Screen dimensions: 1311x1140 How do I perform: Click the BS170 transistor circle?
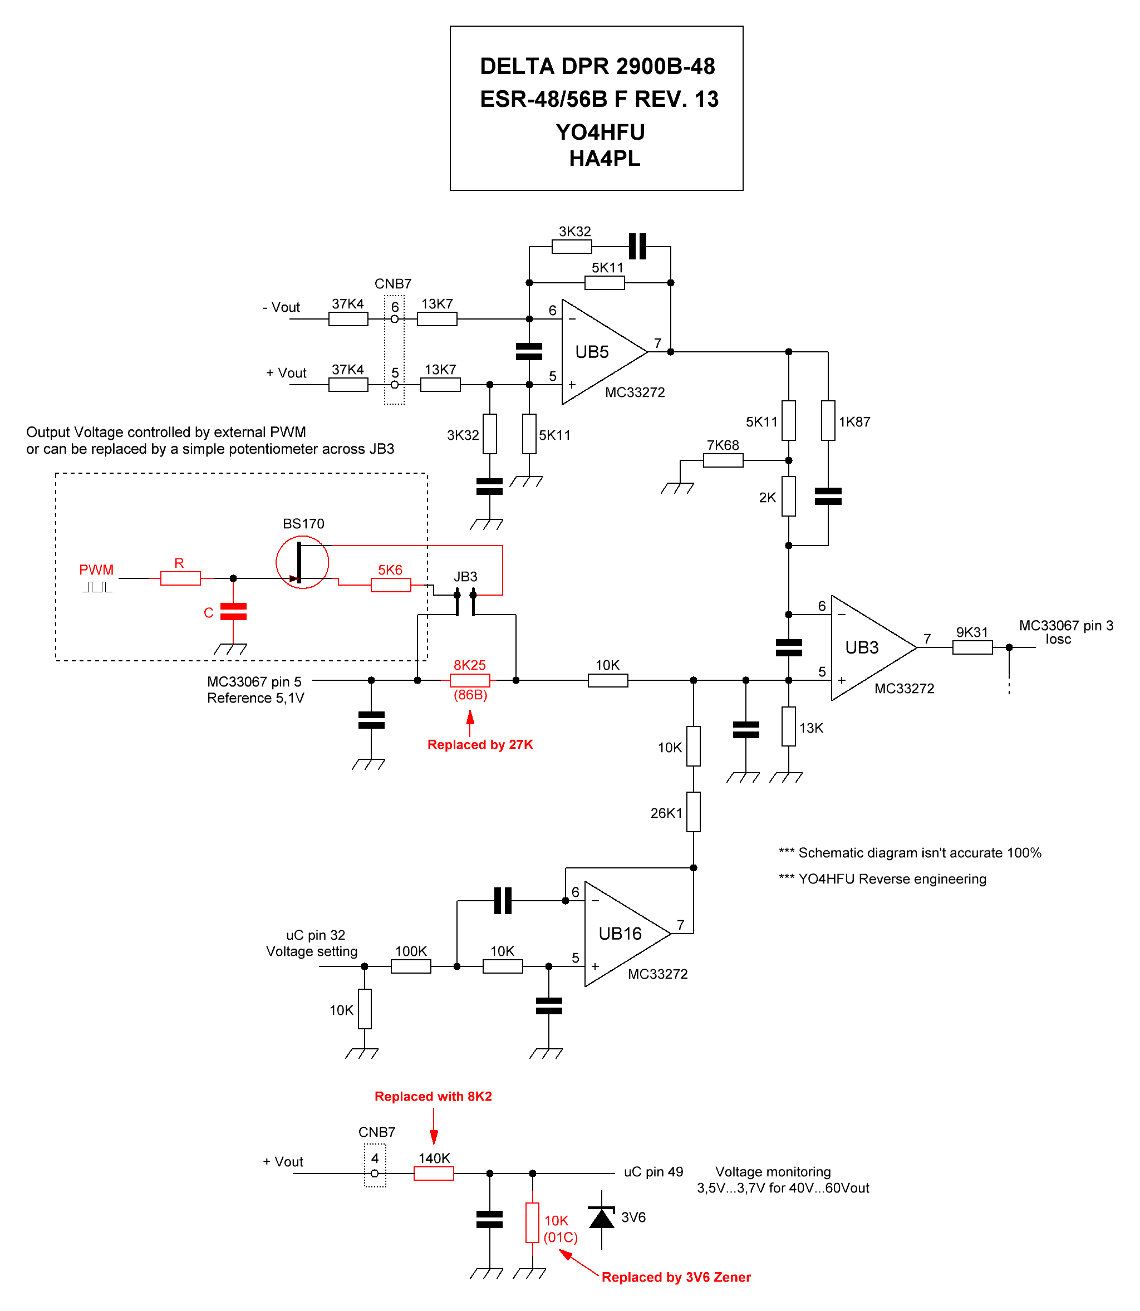pos(302,562)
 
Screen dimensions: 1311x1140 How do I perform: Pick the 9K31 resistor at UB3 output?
pos(972,647)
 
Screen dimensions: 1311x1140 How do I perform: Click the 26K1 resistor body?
pos(694,812)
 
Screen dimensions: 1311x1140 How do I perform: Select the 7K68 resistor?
pos(723,460)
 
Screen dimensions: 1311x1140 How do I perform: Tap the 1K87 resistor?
pos(828,420)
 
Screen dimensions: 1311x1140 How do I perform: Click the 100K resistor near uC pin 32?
pos(411,966)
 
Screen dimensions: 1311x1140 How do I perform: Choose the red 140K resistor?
pos(434,1173)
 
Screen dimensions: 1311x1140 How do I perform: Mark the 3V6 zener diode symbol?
pos(601,1217)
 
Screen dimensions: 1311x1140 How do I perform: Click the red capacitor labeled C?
pos(233,612)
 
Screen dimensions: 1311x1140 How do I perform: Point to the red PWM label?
pos(96,570)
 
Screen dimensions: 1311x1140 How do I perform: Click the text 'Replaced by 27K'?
pos(480,745)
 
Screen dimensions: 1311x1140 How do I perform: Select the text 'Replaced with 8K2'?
pos(433,1097)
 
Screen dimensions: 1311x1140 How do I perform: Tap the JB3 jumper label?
pos(465,577)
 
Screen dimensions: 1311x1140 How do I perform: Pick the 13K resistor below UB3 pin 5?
pos(788,726)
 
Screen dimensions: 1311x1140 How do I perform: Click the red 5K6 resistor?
pos(391,584)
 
